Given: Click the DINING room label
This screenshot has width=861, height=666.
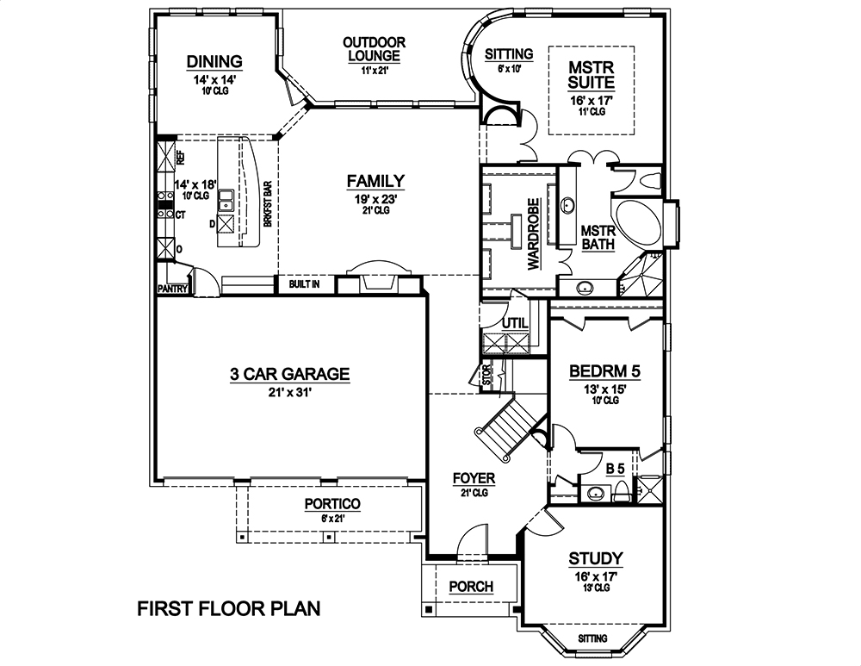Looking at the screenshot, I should (x=214, y=61).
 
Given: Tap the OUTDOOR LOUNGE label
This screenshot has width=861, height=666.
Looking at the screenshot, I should (x=374, y=49).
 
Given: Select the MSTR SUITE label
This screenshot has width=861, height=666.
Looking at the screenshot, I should (x=592, y=75).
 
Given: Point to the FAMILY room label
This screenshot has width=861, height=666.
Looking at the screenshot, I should (x=375, y=181).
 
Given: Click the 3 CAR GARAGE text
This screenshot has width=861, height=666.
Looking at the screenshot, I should (x=289, y=374).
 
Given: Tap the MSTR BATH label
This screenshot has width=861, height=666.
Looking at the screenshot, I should (x=598, y=238).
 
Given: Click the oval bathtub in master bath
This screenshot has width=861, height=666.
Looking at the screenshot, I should (x=638, y=225).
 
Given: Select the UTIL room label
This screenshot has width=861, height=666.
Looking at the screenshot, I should (x=514, y=323).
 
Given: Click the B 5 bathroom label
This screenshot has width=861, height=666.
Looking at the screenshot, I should (x=616, y=468).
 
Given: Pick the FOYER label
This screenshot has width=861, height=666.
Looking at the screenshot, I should (x=474, y=477).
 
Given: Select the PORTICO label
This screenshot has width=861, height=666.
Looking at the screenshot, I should (x=331, y=504).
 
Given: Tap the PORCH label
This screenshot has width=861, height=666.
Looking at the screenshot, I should (x=472, y=587).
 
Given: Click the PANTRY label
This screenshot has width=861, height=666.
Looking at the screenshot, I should (x=172, y=289).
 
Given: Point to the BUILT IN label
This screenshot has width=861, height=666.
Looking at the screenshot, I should (x=304, y=283).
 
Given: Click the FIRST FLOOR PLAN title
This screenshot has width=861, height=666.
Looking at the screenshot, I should (x=229, y=609).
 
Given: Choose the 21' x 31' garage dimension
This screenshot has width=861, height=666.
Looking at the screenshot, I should (x=289, y=392).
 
